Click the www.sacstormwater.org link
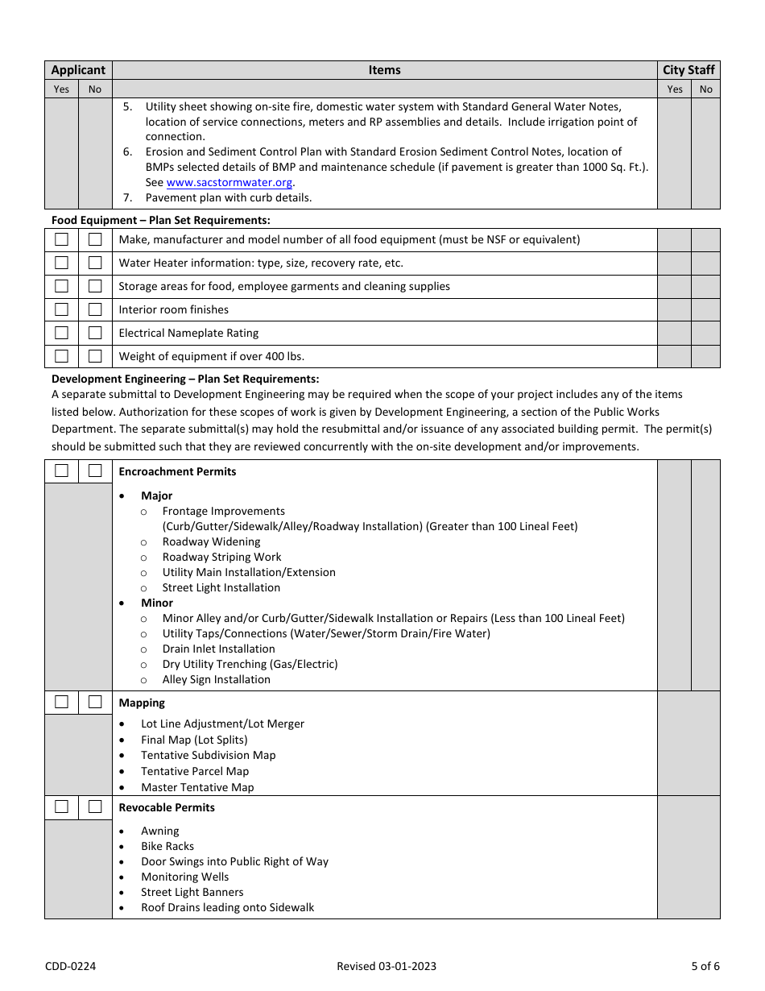pos(229,183)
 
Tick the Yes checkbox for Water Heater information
pos(61,263)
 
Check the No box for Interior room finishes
pos(95,309)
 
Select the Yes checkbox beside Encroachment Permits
pos(61,471)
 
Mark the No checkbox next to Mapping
pos(95,702)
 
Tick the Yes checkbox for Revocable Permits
pos(61,806)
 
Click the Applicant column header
pos(78,70)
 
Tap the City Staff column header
pos(688,70)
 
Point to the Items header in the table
pos(384,70)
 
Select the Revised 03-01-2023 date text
pos(387,966)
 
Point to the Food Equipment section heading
pos(161,220)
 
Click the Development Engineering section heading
pos(185,379)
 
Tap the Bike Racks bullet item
pos(167,846)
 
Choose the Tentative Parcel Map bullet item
pos(195,771)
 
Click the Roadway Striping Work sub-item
pos(221,557)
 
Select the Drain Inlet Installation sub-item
pos(218,649)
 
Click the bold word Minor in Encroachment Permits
pos(157,603)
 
